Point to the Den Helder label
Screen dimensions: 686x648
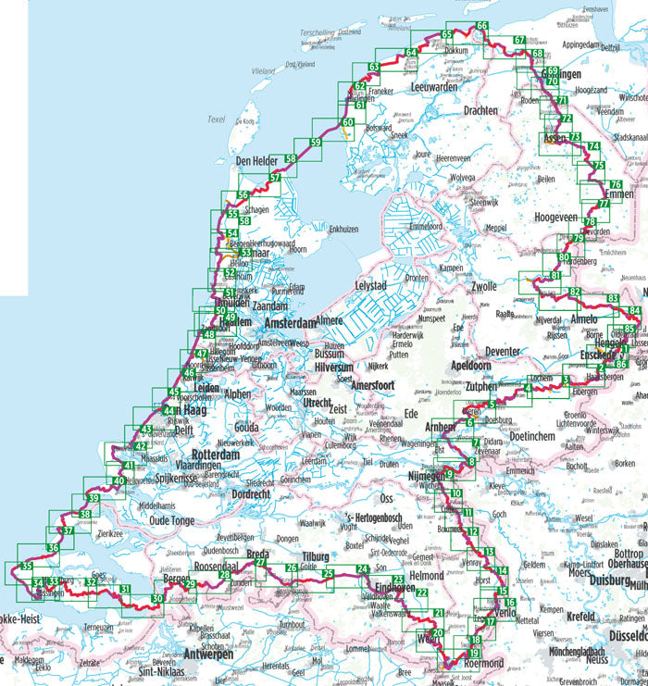click(x=257, y=161)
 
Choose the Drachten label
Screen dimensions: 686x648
click(x=481, y=110)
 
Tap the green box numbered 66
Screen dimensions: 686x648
click(x=481, y=25)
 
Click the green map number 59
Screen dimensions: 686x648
click(x=316, y=143)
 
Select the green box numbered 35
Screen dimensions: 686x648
click(x=28, y=567)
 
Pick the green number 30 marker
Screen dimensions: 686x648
click(x=157, y=599)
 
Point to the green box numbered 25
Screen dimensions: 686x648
click(x=328, y=575)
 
